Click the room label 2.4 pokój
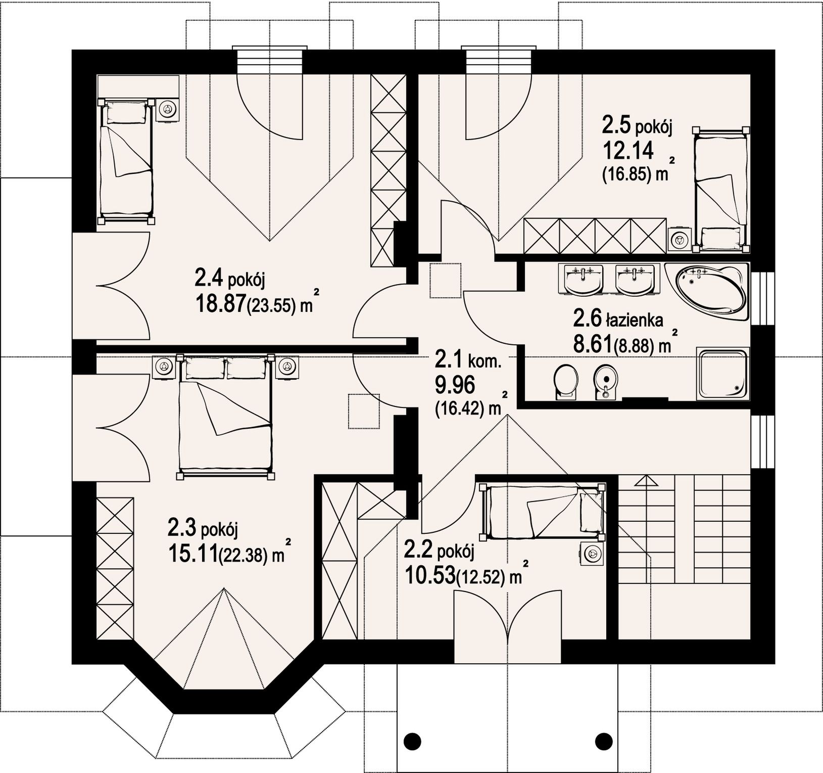pos(230,278)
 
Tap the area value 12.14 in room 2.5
pos(628,150)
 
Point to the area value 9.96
pos(455,386)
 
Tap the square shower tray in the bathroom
pos(723,374)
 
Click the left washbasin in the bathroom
pos(584,279)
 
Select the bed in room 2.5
pos(721,190)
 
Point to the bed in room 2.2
pos(543,511)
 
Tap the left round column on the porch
pos(412,741)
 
